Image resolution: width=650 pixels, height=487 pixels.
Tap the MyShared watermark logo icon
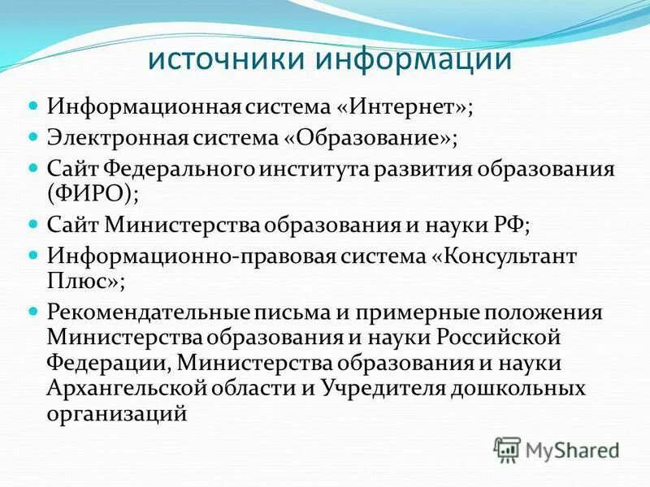coord(508,448)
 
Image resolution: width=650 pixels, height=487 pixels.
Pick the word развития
coord(443,170)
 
